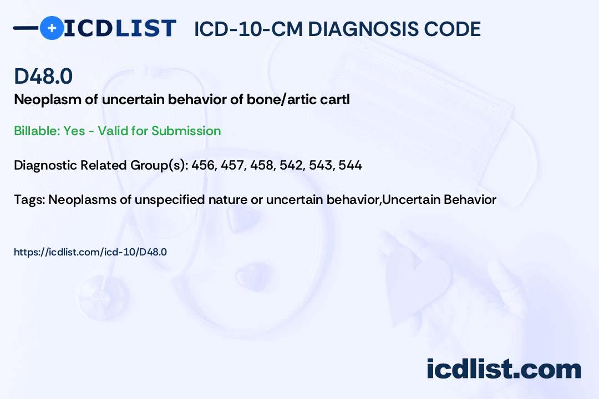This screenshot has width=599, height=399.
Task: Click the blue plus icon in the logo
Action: coord(52,28)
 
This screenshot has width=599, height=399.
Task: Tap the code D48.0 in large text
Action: coord(43,76)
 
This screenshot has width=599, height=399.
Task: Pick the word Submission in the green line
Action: coord(186,131)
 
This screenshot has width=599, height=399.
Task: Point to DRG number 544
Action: coord(351,165)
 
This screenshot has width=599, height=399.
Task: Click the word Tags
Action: coord(30,199)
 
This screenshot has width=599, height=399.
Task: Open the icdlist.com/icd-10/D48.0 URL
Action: coord(90,252)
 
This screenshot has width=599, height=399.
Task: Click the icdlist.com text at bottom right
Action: coord(504,369)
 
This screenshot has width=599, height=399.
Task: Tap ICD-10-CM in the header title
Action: coord(248,29)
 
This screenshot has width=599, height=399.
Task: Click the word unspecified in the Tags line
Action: coord(170,199)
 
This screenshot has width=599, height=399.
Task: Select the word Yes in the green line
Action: coord(74,131)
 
